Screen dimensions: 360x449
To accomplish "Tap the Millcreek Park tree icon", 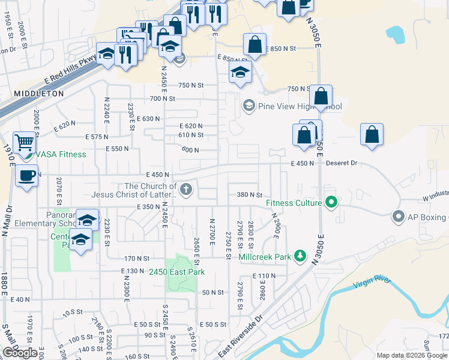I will pyautogui.click(x=299, y=257).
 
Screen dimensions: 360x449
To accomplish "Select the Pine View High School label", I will pyautogui.click(x=300, y=107).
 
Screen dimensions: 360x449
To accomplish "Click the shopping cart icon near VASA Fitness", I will pyautogui.click(x=25, y=143).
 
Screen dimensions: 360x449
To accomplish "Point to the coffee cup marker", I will pyautogui.click(x=26, y=176).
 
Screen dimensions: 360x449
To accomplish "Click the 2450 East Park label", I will pyautogui.click(x=177, y=272).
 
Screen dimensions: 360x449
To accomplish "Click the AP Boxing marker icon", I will pyautogui.click(x=397, y=216).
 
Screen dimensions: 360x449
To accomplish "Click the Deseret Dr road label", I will pyautogui.click(x=342, y=163).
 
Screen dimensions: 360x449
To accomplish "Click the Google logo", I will pyautogui.click(x=20, y=352).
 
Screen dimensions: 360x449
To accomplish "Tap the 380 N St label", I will pyautogui.click(x=250, y=194).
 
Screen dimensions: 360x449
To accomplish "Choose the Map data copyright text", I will pyautogui.click(x=411, y=355).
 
